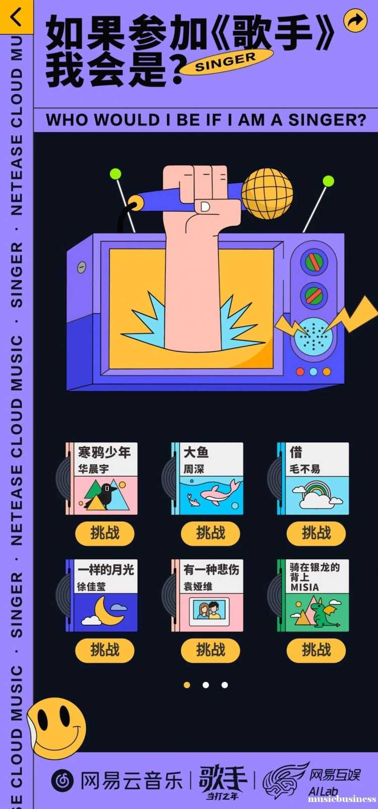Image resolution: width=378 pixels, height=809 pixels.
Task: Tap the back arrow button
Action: pos(16,17)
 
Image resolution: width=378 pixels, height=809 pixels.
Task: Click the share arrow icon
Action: pos(355,21)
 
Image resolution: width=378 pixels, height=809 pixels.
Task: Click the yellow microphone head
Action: pos(267,193)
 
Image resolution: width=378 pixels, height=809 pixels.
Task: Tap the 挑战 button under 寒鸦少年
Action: pos(105,533)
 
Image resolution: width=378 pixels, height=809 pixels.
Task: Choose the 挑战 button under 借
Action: pos(316,533)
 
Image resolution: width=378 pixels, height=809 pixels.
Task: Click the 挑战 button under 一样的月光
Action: pos(105,650)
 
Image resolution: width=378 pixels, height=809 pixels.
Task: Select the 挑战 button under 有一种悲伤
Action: pos(211,650)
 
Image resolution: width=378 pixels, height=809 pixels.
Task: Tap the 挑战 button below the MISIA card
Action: pos(316,650)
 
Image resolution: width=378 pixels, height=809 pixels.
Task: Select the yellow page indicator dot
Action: pos(187,685)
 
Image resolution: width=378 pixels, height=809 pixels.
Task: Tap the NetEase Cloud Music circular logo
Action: pos(62,781)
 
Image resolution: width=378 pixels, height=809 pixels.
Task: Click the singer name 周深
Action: pos(194,469)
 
